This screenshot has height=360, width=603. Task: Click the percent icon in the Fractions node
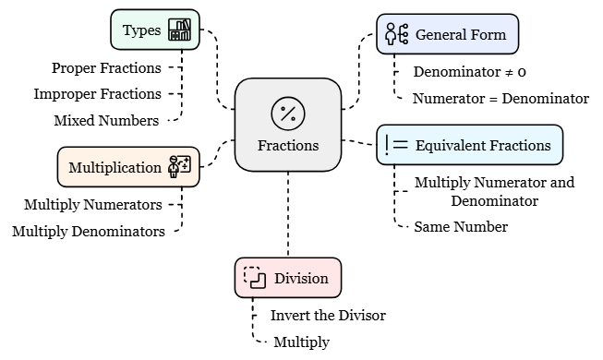288,114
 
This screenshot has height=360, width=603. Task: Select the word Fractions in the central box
288,146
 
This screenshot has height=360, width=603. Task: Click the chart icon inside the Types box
180,30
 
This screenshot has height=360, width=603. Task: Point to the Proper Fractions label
106,67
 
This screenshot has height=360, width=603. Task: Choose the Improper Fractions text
97,94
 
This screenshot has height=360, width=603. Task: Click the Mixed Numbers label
106,120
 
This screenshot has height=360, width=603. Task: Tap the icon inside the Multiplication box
178,167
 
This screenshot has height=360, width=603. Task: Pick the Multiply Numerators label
92,204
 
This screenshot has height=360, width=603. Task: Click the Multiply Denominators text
89,231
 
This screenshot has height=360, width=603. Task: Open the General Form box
447,35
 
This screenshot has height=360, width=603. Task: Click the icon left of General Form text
397,35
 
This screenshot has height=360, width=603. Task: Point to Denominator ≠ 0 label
470,71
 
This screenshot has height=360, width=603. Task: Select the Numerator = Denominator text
500,98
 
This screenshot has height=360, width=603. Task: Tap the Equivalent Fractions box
470,145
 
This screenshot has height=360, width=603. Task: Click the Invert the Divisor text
328,315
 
